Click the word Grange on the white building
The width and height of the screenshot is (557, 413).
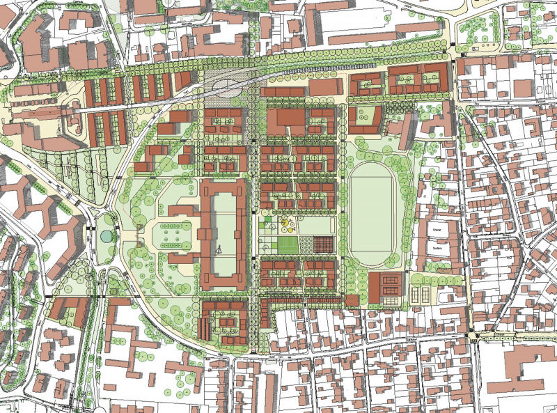coord(437,228)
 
